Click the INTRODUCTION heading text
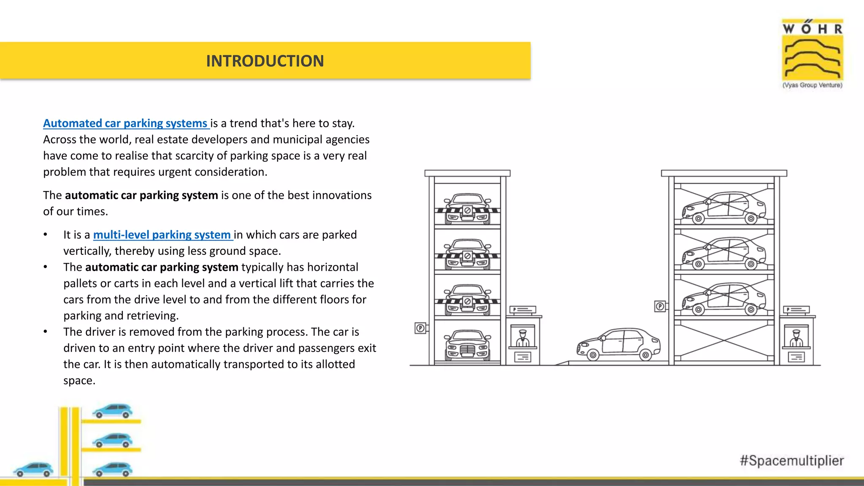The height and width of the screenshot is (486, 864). click(265, 61)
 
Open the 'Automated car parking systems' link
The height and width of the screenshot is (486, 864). click(126, 123)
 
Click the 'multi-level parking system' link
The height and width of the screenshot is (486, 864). click(162, 235)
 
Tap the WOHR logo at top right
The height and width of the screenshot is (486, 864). click(812, 50)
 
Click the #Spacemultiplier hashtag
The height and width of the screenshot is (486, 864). click(791, 460)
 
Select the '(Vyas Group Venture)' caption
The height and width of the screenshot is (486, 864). click(812, 85)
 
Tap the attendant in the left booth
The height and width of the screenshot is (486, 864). click(522, 337)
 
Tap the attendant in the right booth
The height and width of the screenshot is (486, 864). click(796, 337)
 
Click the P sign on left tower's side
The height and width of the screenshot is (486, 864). click(420, 328)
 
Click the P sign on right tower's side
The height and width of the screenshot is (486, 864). click(660, 306)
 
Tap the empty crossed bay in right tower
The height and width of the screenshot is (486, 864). click(724, 341)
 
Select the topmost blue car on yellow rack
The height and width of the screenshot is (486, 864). click(112, 410)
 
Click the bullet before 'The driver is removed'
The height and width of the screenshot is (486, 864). click(45, 332)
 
